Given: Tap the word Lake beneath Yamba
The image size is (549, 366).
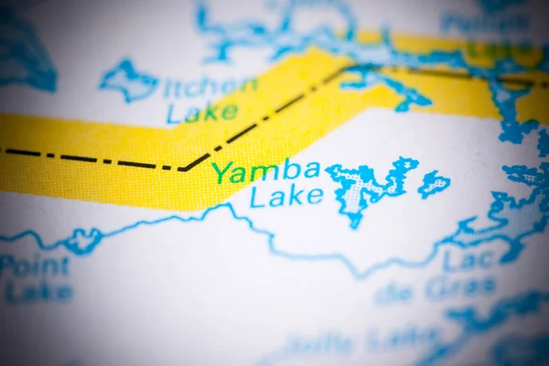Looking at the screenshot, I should (x=286, y=196).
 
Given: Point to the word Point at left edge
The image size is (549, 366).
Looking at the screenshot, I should (x=34, y=267).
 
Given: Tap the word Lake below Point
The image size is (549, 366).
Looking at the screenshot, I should (x=39, y=294).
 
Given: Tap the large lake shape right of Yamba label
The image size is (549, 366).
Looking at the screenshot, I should (x=366, y=188).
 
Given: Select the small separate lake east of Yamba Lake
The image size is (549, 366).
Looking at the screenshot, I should (x=434, y=184).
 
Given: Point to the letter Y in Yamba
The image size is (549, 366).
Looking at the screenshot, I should (x=221, y=172).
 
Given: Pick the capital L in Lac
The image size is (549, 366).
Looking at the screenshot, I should (x=452, y=262).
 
